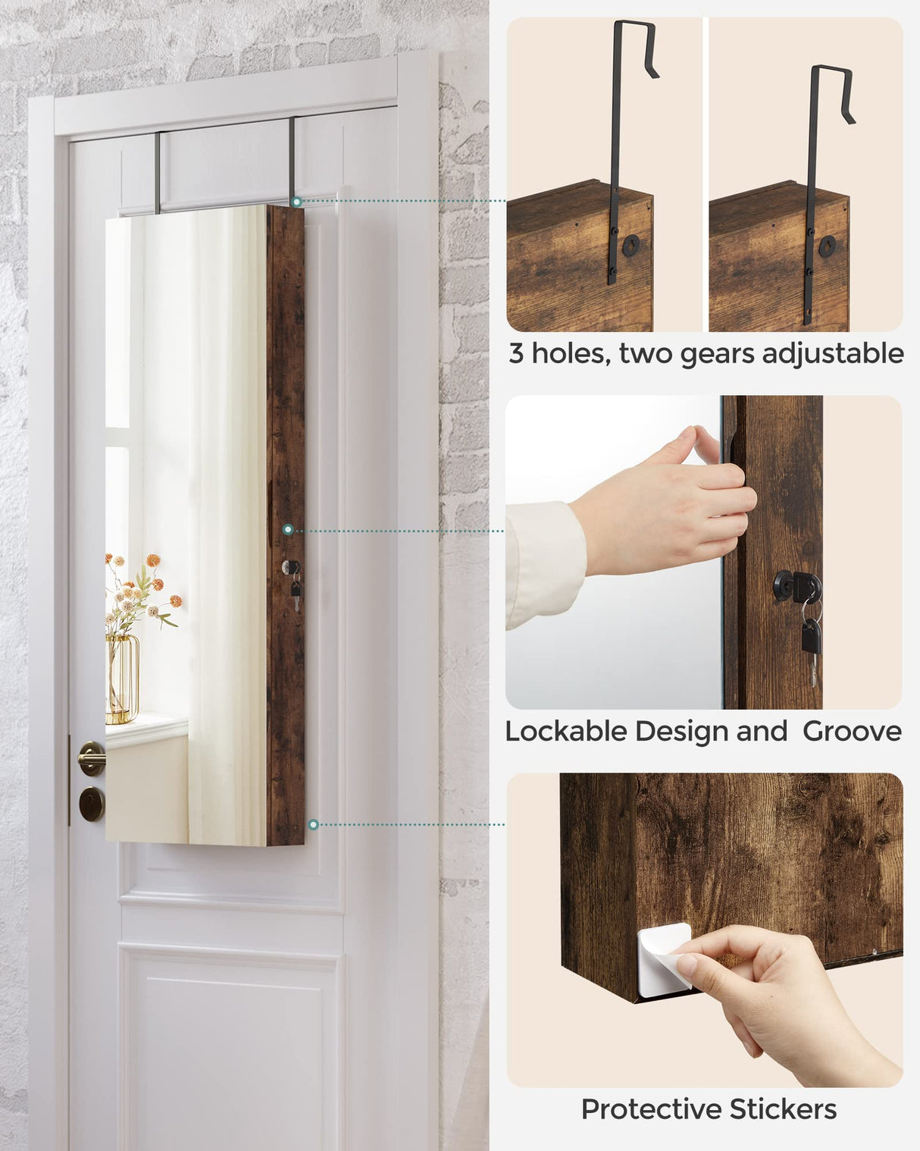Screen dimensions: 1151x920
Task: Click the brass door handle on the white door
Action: click(x=92, y=757)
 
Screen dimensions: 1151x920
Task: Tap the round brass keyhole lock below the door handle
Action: click(x=92, y=804)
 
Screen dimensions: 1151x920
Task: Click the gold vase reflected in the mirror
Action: click(x=121, y=679)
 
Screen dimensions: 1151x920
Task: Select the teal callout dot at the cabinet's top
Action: click(x=297, y=202)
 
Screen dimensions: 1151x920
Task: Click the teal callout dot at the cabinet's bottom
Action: click(x=314, y=824)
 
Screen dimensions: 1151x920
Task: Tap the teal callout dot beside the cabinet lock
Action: click(x=288, y=530)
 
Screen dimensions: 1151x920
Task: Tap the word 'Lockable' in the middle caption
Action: click(x=565, y=731)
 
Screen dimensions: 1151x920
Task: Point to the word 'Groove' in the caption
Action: click(x=852, y=731)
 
